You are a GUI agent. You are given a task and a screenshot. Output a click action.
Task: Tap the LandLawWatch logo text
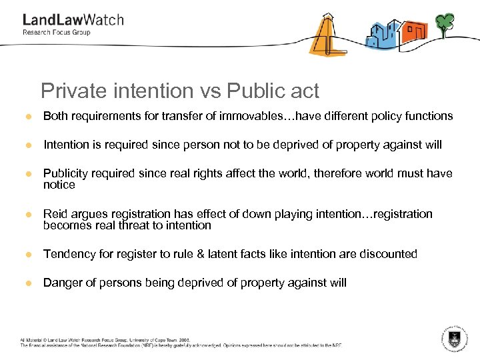point(73,20)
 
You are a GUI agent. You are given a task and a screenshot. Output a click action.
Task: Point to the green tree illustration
point(444,24)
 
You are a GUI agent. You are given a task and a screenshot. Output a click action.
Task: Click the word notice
point(59,185)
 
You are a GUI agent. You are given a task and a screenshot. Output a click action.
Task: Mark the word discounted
point(388,254)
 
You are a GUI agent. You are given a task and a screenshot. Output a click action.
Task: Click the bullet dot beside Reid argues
point(29,215)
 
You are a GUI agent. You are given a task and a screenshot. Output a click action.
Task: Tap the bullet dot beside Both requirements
point(29,117)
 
